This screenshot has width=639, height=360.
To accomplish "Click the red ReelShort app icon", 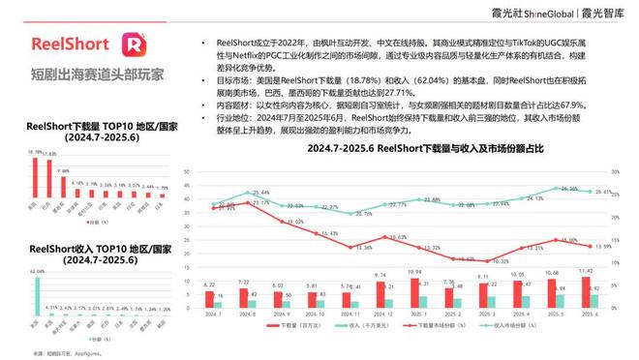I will click(134, 45).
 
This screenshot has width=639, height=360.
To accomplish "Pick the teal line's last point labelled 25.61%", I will click(599, 194).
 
